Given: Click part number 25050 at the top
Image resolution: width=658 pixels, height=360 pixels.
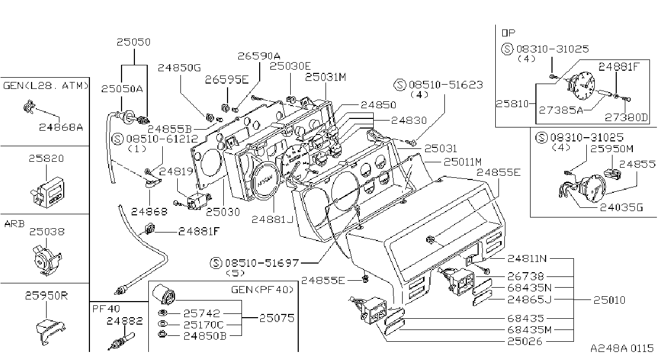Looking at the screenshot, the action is click(x=133, y=42).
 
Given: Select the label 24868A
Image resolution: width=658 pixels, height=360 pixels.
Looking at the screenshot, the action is click(x=61, y=127).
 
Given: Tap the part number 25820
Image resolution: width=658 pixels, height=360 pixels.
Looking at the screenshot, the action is click(x=47, y=159).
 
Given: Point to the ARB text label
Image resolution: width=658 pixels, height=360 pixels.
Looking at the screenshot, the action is click(x=14, y=224).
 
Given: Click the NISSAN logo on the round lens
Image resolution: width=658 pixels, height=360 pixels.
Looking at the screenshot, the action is click(x=265, y=181).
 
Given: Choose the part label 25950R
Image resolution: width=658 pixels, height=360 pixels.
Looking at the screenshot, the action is click(x=47, y=296).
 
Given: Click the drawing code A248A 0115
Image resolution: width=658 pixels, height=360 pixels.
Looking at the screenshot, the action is click(x=622, y=349).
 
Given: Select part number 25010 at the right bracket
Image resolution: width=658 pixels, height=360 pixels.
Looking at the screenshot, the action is click(x=609, y=300).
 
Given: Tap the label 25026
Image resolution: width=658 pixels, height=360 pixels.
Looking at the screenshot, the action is click(x=525, y=341).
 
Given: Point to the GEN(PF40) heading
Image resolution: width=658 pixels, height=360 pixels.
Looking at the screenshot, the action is click(x=262, y=290).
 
